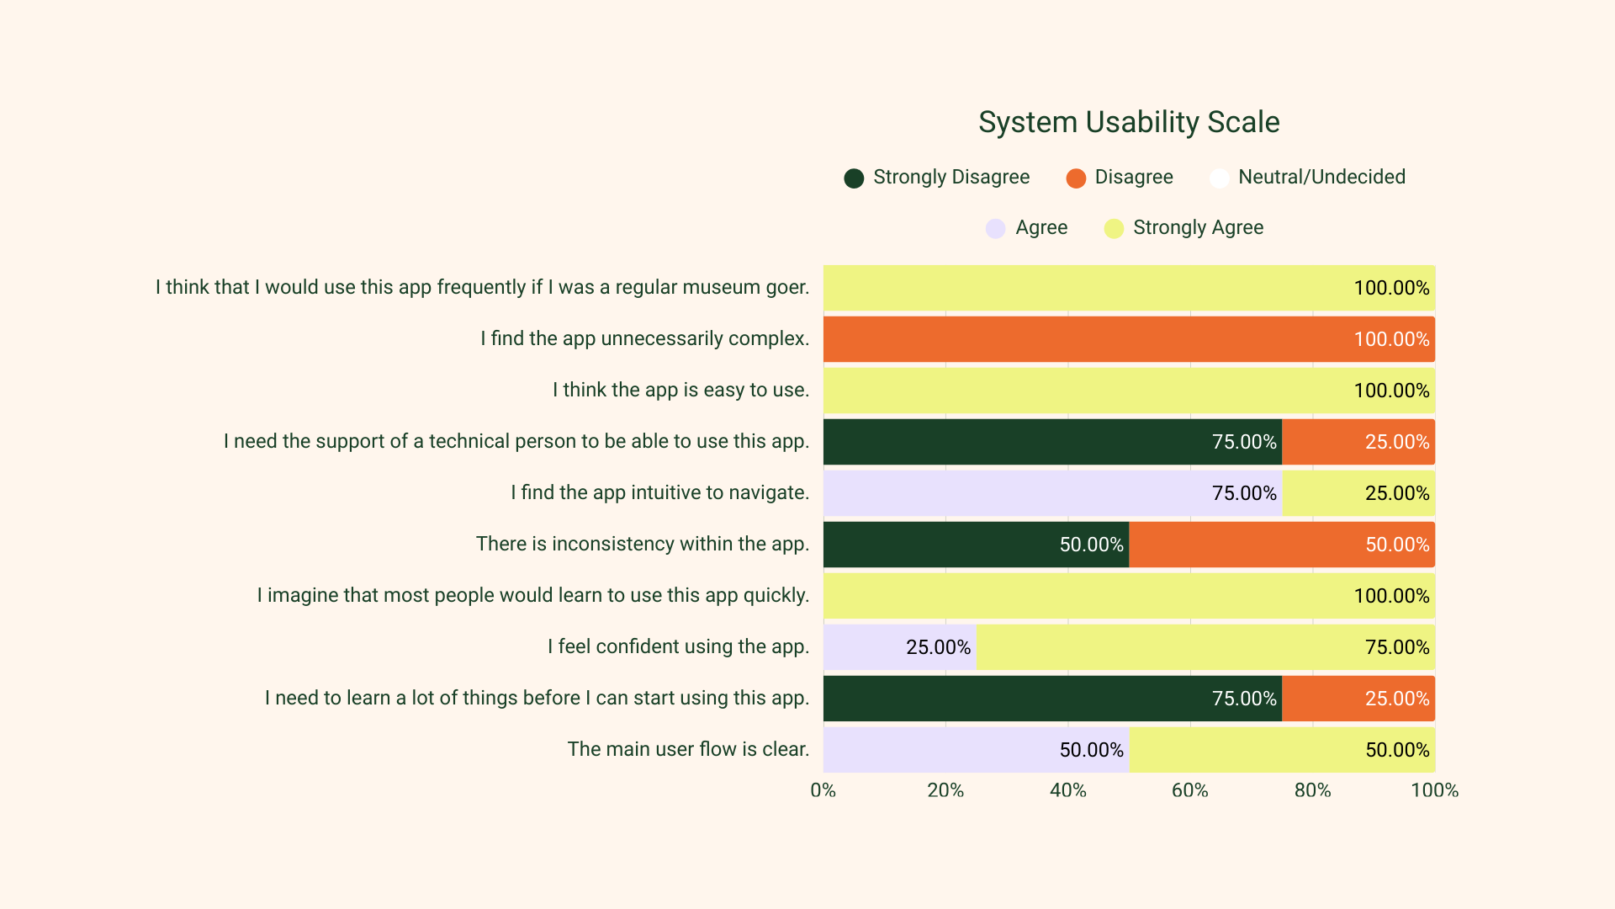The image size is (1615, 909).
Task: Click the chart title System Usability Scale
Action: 1129,122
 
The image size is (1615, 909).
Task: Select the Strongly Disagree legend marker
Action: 854,178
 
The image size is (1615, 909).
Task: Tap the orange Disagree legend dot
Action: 1075,178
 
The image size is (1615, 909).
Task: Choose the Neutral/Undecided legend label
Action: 1321,177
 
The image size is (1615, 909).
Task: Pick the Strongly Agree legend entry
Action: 1197,227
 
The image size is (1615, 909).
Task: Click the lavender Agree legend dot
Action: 995,229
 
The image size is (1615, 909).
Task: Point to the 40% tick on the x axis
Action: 1067,790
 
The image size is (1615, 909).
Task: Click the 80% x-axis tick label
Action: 1312,790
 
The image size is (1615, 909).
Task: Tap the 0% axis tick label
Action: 823,790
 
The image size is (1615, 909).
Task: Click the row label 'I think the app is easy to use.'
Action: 680,390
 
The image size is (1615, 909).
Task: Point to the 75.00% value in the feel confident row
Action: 1396,647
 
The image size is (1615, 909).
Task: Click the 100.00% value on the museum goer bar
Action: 1391,288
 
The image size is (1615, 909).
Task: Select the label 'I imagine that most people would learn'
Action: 532,595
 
